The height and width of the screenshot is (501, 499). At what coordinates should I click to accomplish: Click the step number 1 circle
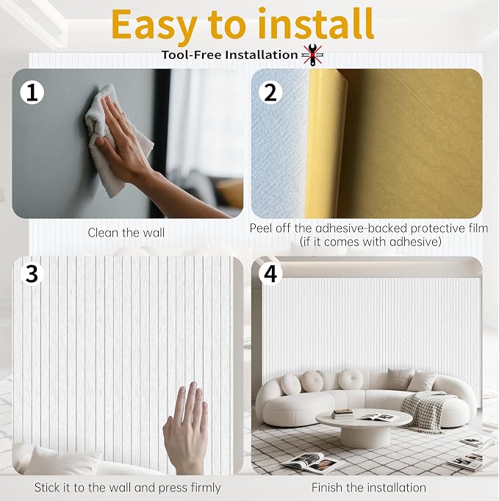(32, 93)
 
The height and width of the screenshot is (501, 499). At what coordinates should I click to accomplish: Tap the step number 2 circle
(270, 93)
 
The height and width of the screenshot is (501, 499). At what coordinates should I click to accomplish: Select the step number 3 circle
(32, 273)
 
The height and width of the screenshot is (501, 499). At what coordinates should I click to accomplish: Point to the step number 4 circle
(270, 273)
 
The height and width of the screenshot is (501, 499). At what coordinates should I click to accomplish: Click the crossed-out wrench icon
(313, 55)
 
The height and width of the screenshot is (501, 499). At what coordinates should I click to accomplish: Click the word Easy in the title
(154, 24)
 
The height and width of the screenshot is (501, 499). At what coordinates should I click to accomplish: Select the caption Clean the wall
(126, 233)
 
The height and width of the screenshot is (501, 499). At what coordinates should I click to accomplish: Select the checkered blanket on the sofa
(426, 411)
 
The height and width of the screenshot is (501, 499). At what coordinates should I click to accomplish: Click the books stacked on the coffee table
(342, 414)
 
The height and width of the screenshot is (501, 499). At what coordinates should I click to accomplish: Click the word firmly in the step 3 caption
(206, 489)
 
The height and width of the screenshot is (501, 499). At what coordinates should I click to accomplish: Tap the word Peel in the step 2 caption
(261, 228)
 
